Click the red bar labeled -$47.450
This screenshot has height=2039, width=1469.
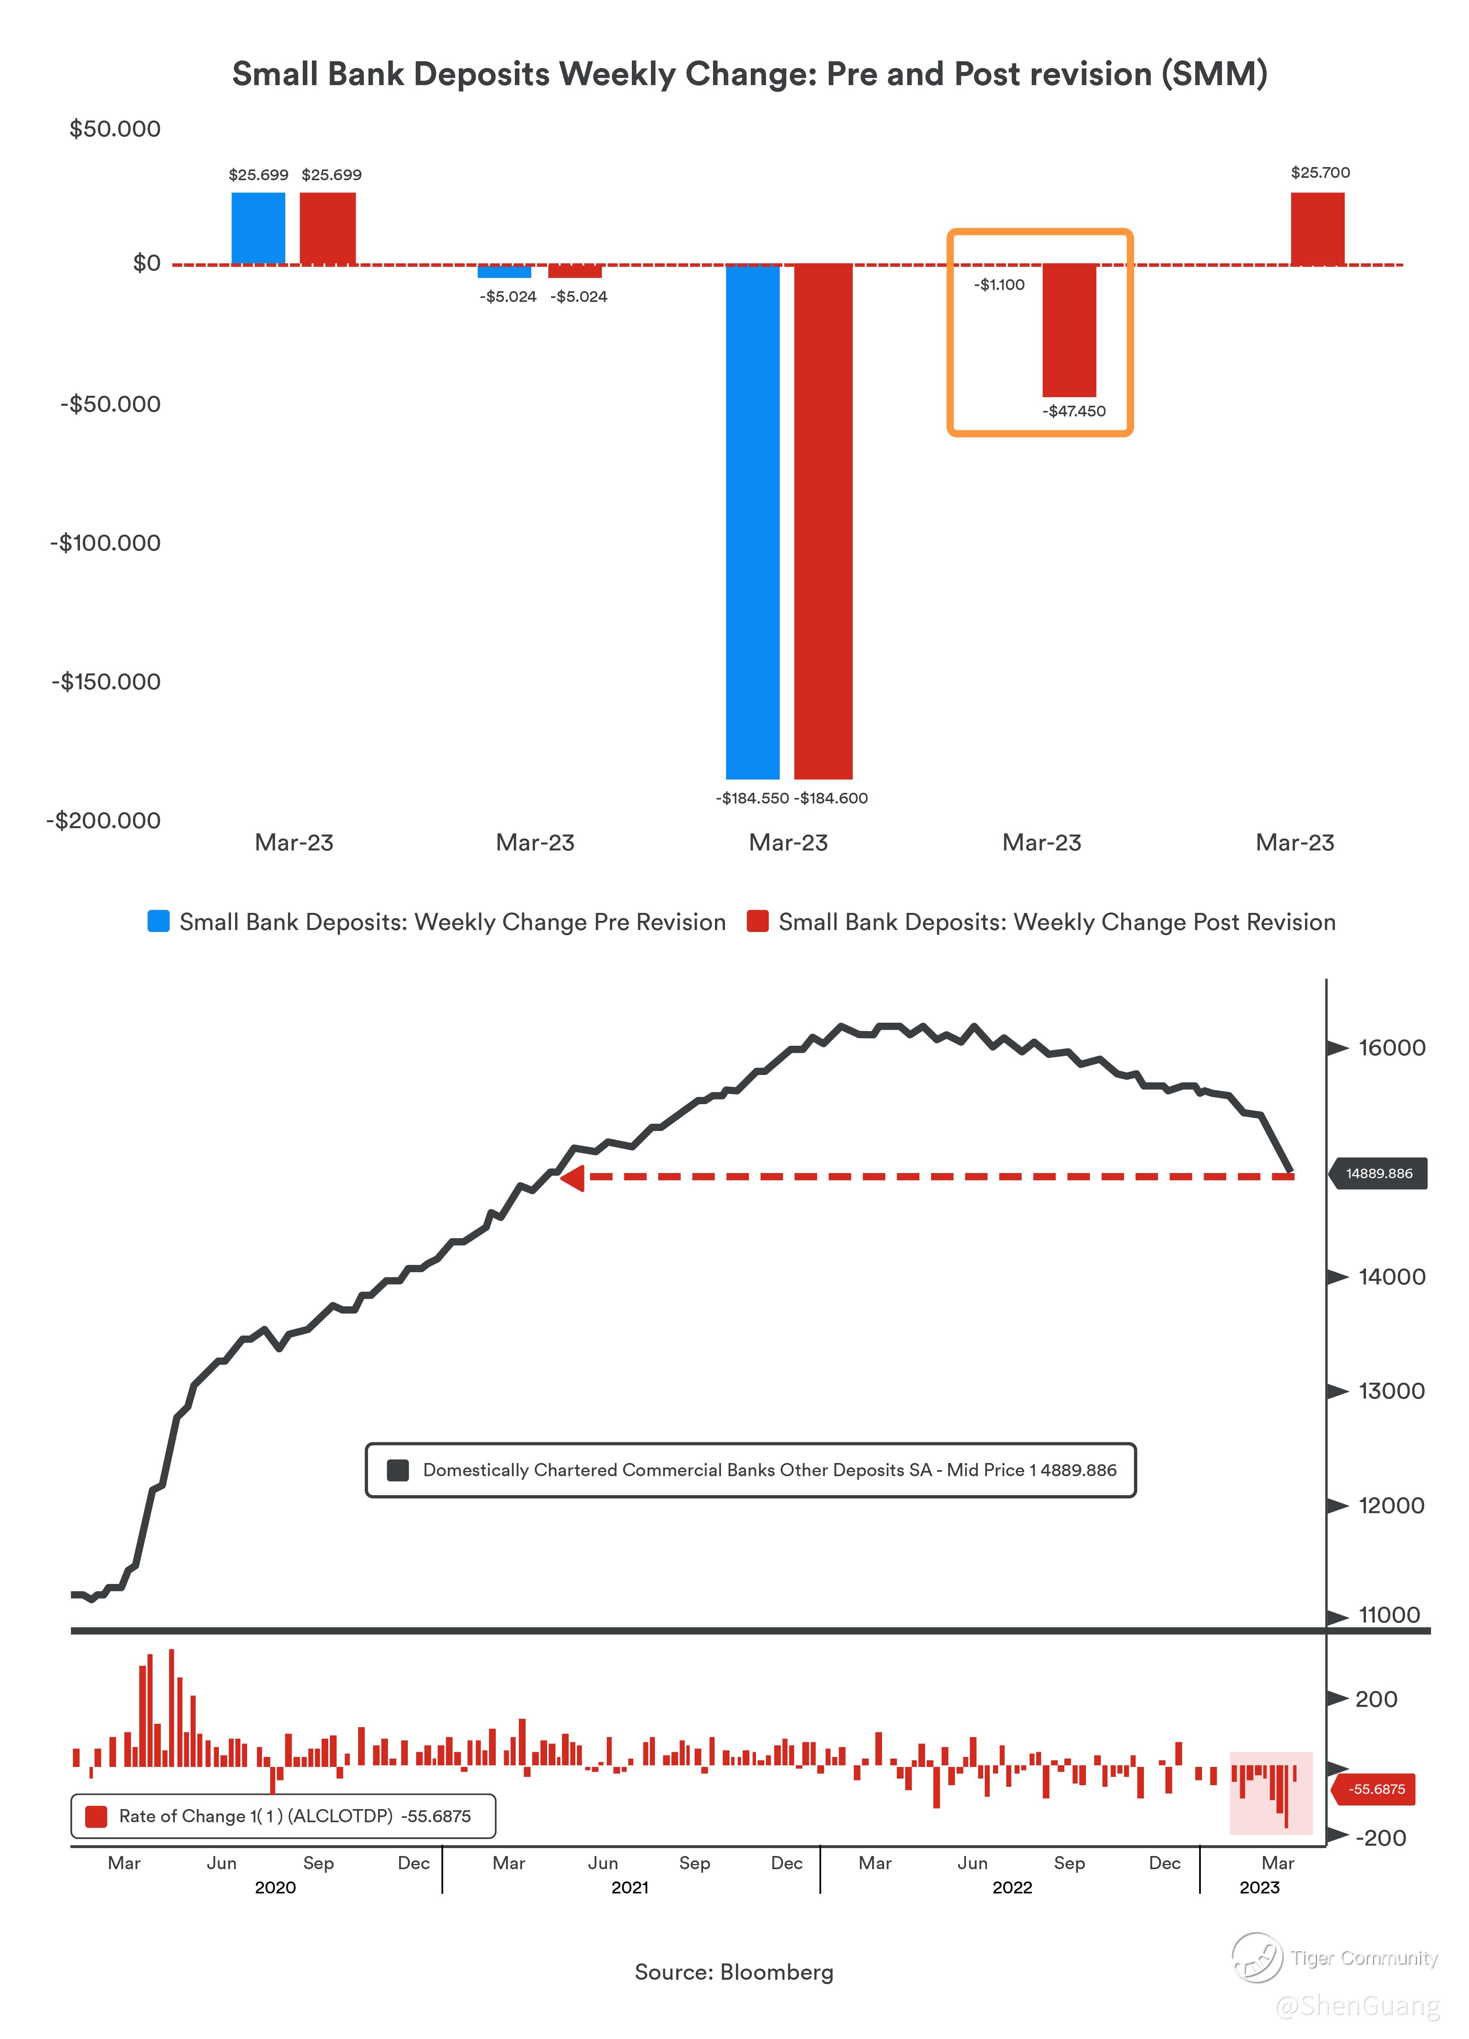pyautogui.click(x=1069, y=330)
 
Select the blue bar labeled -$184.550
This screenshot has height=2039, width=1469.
pyautogui.click(x=752, y=521)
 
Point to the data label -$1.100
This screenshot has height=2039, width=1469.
pyautogui.click(x=999, y=285)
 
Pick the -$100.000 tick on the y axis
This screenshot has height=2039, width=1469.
pyautogui.click(x=105, y=543)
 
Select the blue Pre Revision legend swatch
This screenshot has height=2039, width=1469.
pyautogui.click(x=158, y=922)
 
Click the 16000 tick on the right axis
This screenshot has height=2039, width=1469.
pyautogui.click(x=1391, y=1047)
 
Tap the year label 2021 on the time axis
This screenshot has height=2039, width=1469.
pyautogui.click(x=629, y=1887)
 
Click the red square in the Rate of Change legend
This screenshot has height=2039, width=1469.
pyautogui.click(x=95, y=1816)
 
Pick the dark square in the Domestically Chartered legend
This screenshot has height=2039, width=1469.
pyautogui.click(x=397, y=1470)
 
